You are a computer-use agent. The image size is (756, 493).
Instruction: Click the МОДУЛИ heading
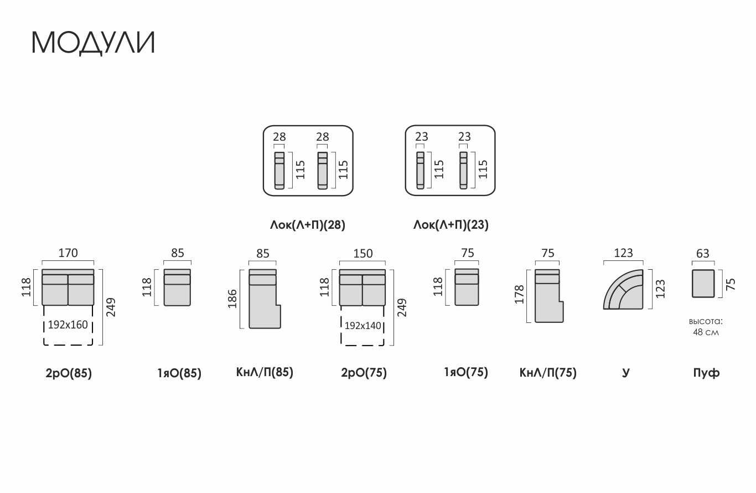pyautogui.click(x=93, y=43)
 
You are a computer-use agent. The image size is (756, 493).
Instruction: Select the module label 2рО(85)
pyautogui.click(x=69, y=373)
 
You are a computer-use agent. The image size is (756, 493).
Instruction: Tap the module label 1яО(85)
pyautogui.click(x=179, y=373)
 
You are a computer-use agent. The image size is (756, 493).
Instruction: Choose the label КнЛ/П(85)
pyautogui.click(x=265, y=372)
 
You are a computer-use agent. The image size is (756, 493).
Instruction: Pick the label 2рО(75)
pyautogui.click(x=364, y=372)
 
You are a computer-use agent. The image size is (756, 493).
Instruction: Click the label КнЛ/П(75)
pyautogui.click(x=548, y=372)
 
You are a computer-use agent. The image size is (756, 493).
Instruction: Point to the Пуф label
pyautogui.click(x=706, y=373)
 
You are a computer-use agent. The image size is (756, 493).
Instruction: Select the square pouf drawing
pyautogui.click(x=703, y=284)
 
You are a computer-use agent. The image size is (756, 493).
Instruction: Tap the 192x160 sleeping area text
pyautogui.click(x=68, y=325)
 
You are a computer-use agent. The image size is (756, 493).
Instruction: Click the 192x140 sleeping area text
pyautogui.click(x=363, y=326)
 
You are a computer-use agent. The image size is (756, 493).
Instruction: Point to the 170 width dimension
pyautogui.click(x=68, y=253)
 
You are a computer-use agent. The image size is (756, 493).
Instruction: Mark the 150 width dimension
pyautogui.click(x=363, y=254)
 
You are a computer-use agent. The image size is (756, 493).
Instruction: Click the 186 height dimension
pyautogui.click(x=232, y=299)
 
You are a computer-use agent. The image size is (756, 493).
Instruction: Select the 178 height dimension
pyautogui.click(x=519, y=294)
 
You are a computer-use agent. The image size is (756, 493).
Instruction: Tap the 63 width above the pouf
pyautogui.click(x=703, y=254)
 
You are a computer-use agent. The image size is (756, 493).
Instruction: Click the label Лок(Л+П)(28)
pyautogui.click(x=308, y=225)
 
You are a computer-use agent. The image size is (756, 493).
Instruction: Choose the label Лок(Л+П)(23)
pyautogui.click(x=451, y=225)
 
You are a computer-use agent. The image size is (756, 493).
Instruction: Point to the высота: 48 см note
pyautogui.click(x=706, y=327)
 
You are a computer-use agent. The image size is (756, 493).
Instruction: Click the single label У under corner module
pyautogui.click(x=625, y=373)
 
